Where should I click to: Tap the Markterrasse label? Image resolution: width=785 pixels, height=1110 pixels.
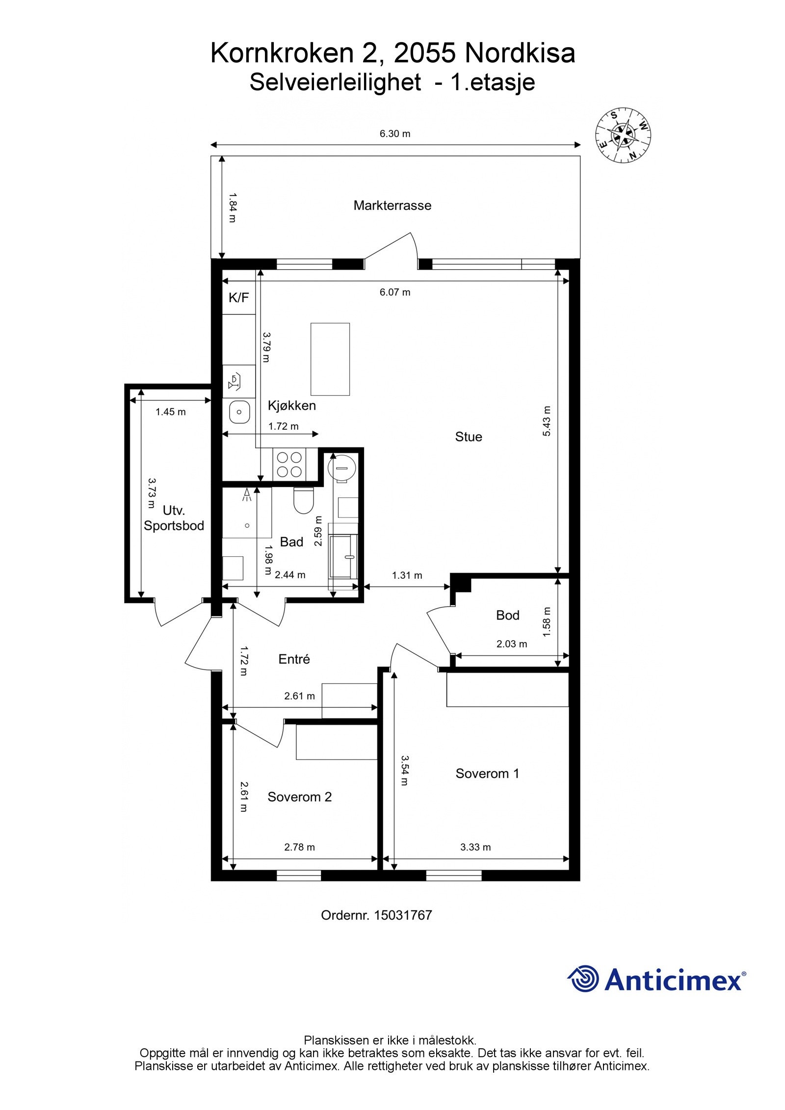pyautogui.click(x=392, y=206)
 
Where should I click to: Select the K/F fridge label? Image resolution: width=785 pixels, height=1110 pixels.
pyautogui.click(x=239, y=297)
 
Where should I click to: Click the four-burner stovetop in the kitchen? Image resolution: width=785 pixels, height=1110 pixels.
pyautogui.click(x=289, y=465)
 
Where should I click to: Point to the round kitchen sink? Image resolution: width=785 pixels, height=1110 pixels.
pyautogui.click(x=239, y=412)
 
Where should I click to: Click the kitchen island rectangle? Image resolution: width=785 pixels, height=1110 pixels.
pyautogui.click(x=330, y=359)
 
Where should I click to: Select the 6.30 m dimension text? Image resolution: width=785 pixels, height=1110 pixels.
pyautogui.click(x=395, y=133)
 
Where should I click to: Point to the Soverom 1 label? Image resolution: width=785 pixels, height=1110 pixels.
pyautogui.click(x=487, y=774)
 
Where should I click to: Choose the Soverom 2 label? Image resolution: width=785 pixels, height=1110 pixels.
pyautogui.click(x=299, y=797)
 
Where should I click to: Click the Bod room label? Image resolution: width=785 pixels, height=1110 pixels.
pyautogui.click(x=507, y=615)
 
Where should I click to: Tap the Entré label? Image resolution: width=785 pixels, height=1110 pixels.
pyautogui.click(x=294, y=659)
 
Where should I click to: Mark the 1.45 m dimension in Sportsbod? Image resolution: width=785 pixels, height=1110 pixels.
pyautogui.click(x=171, y=412)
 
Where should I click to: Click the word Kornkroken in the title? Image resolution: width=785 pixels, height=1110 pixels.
pyautogui.click(x=282, y=53)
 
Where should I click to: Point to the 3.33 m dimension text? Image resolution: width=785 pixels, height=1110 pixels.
pyautogui.click(x=475, y=847)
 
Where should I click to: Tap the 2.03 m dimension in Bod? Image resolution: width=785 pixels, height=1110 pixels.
pyautogui.click(x=512, y=644)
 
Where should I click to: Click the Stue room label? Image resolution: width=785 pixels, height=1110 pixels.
pyautogui.click(x=469, y=437)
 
